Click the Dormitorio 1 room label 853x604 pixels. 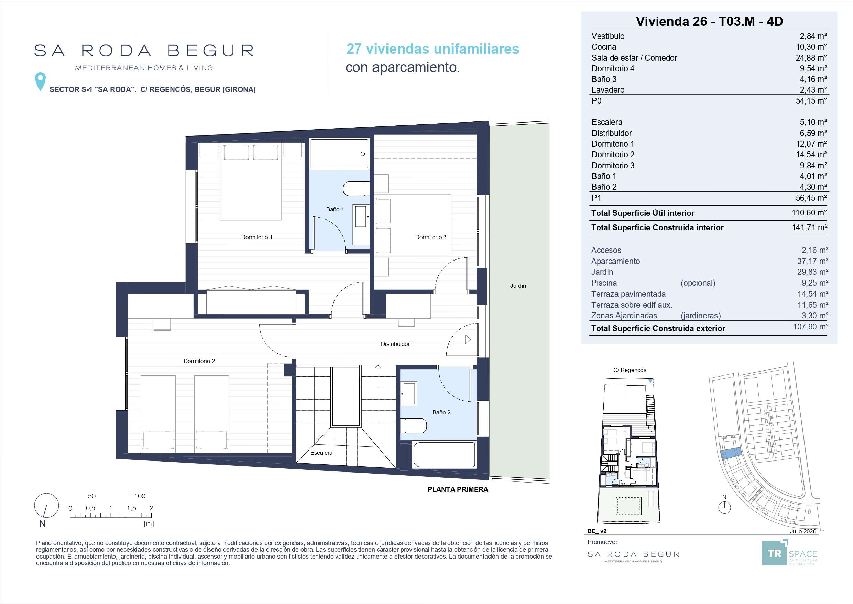[257, 237]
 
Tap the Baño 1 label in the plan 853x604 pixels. [335, 209]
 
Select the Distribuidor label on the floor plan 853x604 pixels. [395, 344]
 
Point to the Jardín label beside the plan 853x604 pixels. [518, 286]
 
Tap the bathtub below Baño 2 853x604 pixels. [444, 454]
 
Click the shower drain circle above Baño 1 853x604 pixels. [363, 154]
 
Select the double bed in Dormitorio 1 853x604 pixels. [250, 182]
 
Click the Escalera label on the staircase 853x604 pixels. [321, 453]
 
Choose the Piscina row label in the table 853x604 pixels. [604, 283]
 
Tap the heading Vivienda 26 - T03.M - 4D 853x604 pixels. [709, 21]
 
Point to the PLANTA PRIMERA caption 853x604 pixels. [458, 489]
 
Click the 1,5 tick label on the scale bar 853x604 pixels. [131, 508]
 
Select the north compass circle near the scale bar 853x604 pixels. [46, 506]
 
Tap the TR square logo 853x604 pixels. [775, 553]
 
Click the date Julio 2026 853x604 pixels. [803, 531]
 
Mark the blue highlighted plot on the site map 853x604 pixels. [731, 453]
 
